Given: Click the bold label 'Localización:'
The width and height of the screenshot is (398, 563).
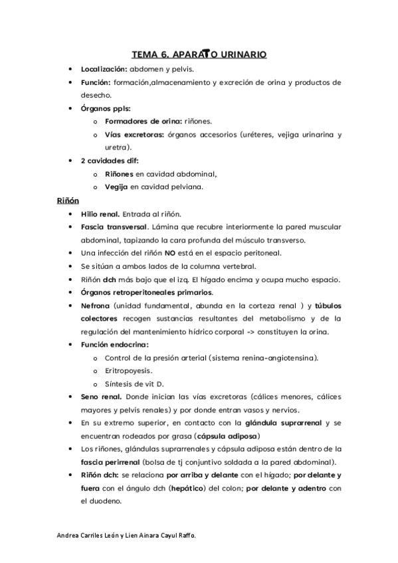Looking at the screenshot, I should [103, 69].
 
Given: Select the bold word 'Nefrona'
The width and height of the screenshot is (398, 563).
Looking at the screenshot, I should [95, 305].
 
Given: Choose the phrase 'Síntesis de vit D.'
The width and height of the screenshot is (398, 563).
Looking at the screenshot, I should [134, 384].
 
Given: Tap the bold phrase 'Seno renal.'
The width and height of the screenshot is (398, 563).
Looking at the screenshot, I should [101, 397].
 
